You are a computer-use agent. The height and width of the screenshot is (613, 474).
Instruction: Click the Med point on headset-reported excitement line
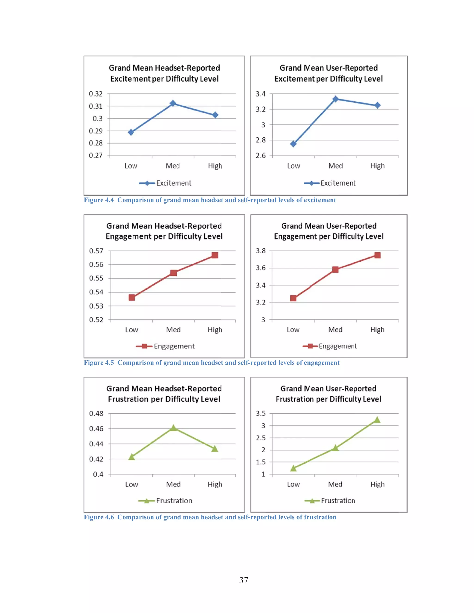[x=173, y=104]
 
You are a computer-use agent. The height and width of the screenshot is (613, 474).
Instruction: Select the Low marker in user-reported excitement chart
[x=293, y=144]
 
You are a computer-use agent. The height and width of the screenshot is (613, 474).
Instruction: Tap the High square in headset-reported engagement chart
[x=215, y=255]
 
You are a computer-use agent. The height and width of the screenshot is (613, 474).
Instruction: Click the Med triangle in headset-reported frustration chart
[x=174, y=428]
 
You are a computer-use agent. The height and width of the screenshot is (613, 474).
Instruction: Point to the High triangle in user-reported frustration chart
[x=377, y=420]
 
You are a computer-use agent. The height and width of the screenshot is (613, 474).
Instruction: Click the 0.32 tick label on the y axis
[x=96, y=94]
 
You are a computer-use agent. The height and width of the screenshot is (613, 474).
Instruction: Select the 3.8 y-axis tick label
[x=260, y=251]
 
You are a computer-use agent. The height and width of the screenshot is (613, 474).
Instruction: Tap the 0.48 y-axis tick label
[x=96, y=413]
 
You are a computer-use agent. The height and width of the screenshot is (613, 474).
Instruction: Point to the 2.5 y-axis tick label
[x=260, y=438]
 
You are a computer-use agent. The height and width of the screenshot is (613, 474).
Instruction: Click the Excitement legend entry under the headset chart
[x=174, y=183]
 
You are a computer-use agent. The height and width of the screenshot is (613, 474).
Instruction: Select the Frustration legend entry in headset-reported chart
[x=174, y=501]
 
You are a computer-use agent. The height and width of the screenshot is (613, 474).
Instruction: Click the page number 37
[x=243, y=580]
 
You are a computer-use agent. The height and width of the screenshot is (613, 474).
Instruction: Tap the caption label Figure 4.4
[x=99, y=200]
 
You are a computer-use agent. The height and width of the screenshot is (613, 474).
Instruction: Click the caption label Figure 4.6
[x=99, y=517]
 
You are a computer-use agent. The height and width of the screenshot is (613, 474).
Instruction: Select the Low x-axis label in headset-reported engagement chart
[x=131, y=330]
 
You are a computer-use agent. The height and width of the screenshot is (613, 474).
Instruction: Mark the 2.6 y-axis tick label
[x=260, y=155]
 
